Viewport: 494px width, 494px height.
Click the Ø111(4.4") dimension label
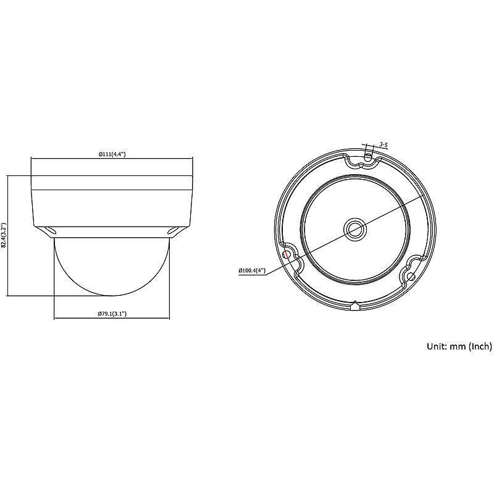click(112, 154)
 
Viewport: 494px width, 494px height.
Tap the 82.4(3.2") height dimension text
click(4, 235)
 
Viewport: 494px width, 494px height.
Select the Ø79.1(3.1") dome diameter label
click(112, 314)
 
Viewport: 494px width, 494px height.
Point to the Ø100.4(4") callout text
click(251, 270)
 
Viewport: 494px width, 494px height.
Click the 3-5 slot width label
click(383, 144)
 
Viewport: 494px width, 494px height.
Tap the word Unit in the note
click(437, 346)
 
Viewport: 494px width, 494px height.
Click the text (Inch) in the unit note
click(480, 346)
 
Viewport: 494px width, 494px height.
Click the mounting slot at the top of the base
click(368, 157)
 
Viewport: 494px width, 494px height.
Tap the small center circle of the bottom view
click(355, 228)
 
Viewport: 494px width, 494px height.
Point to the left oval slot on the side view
click(49, 230)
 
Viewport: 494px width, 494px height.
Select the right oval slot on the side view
click(175, 230)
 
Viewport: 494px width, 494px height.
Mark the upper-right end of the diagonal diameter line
click(422, 195)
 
